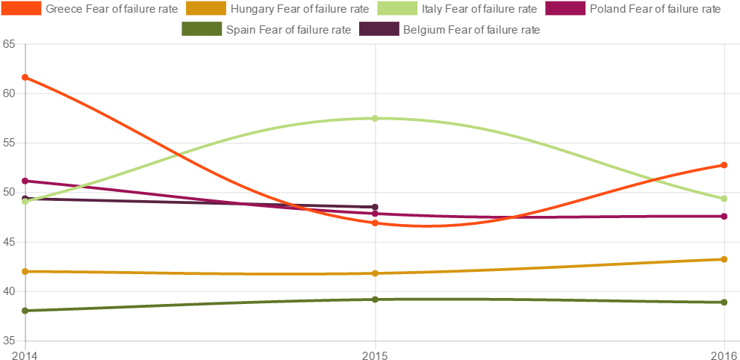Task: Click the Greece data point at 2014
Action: point(25,77)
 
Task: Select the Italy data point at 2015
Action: point(375,118)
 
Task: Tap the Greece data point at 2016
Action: point(724,165)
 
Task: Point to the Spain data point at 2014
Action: point(25,311)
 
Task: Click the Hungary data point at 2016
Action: point(724,259)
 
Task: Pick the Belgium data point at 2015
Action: point(375,208)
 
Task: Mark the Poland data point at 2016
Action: point(724,217)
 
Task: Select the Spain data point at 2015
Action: point(375,300)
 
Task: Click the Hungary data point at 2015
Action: point(375,273)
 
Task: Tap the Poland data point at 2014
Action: point(25,181)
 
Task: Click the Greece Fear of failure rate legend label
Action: point(111,10)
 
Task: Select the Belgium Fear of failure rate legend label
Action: point(470,30)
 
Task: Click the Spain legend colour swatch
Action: point(202,30)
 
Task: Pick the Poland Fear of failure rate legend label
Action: point(654,10)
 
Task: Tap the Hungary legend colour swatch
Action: point(205,10)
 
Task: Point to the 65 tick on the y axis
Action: point(9,44)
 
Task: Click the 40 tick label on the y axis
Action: point(9,291)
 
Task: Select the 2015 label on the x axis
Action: point(375,354)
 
